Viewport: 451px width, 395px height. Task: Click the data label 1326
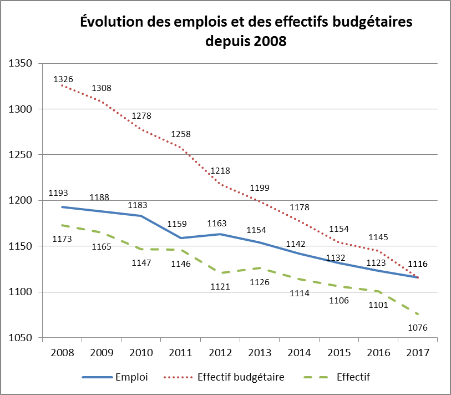tap(63, 79)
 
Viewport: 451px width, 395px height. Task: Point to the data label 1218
tap(220, 171)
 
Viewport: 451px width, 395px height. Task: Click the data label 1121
tap(220, 287)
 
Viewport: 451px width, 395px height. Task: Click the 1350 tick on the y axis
tap(21, 64)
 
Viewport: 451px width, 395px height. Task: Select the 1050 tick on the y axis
tap(21, 338)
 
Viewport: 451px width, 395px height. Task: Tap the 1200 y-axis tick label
tap(21, 201)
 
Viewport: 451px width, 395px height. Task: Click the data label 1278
tap(141, 116)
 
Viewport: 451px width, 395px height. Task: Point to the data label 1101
tap(378, 305)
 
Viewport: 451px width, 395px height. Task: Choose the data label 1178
tap(300, 207)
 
